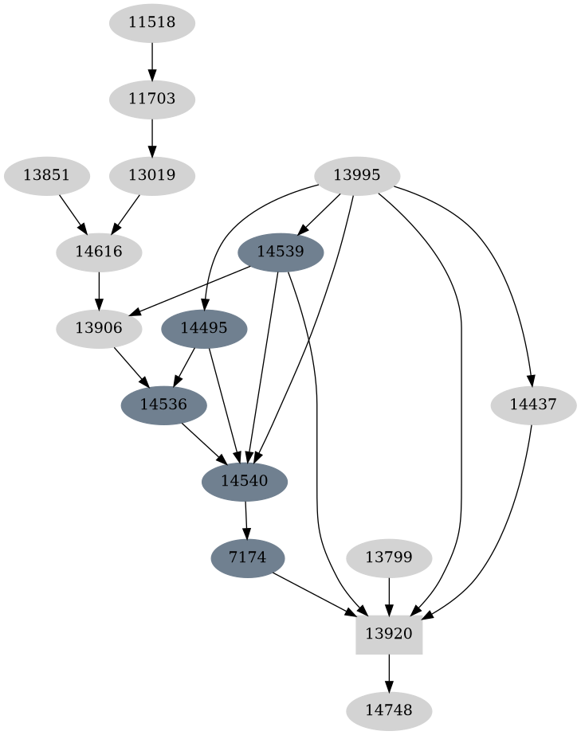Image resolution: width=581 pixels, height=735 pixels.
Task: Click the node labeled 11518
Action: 151,22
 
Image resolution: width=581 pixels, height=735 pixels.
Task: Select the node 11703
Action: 151,100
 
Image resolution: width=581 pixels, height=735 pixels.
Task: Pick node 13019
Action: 151,175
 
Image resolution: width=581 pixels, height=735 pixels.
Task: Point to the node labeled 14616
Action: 99,252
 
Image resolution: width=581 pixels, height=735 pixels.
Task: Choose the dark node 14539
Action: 281,252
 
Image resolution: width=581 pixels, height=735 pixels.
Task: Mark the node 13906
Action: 99,328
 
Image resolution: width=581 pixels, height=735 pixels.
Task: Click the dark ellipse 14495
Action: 204,328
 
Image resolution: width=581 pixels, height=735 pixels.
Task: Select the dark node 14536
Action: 163,405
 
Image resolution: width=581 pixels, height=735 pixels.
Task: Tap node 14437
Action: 533,405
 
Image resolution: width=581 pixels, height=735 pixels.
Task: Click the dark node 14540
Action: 245,481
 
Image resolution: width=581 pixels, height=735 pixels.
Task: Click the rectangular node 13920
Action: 389,634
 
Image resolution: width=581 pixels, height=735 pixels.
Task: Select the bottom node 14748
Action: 389,710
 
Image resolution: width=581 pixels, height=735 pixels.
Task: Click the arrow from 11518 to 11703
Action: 151,61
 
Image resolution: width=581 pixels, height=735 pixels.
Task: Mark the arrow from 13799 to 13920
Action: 389,596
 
